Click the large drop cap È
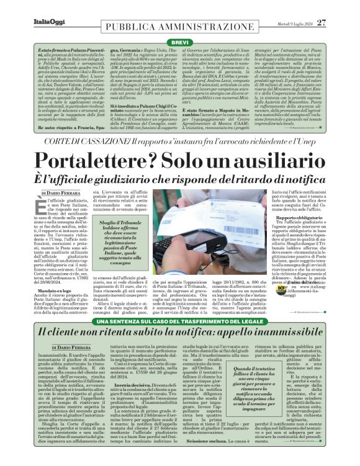pyautogui.click(x=45, y=208)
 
